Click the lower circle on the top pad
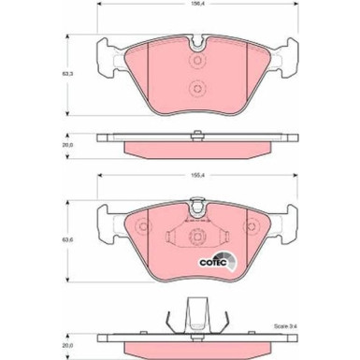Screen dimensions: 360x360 197,89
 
